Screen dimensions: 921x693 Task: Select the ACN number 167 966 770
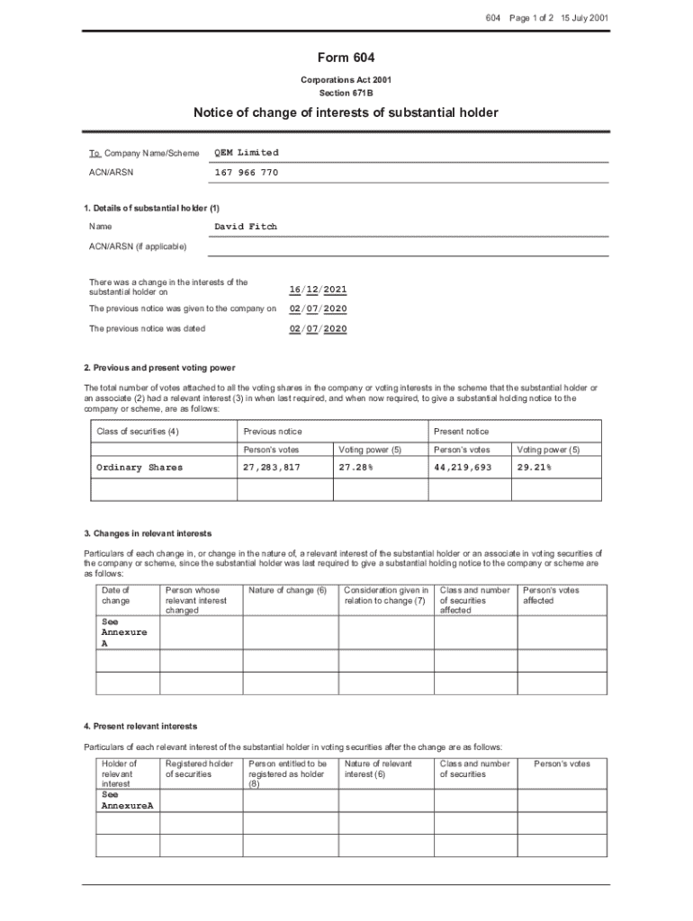click(246, 172)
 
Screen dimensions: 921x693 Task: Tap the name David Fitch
click(246, 227)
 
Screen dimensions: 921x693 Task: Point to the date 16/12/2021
click(318, 290)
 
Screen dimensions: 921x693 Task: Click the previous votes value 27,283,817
click(272, 468)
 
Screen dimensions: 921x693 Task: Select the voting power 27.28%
click(356, 468)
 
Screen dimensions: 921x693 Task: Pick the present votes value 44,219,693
click(463, 468)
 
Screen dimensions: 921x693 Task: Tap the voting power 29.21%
click(534, 468)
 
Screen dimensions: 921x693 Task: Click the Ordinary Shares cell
click(139, 468)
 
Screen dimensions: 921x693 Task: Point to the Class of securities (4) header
click(138, 432)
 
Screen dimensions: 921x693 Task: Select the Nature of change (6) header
click(287, 590)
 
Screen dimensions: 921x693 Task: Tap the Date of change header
click(117, 595)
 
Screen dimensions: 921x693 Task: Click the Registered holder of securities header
click(199, 769)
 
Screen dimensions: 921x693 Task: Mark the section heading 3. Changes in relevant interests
click(148, 533)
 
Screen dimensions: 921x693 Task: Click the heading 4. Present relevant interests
click(140, 726)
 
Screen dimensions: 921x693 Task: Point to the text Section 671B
click(346, 93)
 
